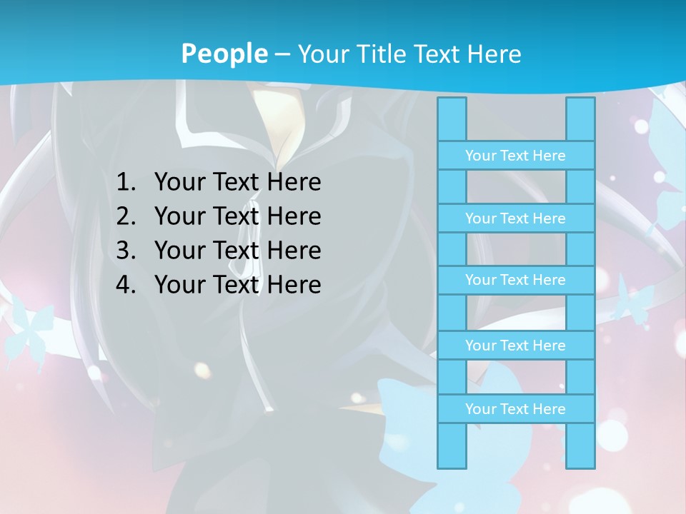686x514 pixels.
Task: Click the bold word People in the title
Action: (x=224, y=54)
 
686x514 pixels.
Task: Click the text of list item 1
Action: (x=237, y=183)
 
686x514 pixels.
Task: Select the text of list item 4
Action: (x=237, y=285)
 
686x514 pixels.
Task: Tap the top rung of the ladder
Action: (x=515, y=156)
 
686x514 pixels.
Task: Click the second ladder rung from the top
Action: (x=515, y=218)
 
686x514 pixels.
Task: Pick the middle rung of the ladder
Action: (x=515, y=280)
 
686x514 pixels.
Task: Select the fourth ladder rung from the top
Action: (x=515, y=346)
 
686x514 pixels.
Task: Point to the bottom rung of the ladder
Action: (x=515, y=409)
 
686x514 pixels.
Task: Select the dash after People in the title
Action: (x=282, y=54)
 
